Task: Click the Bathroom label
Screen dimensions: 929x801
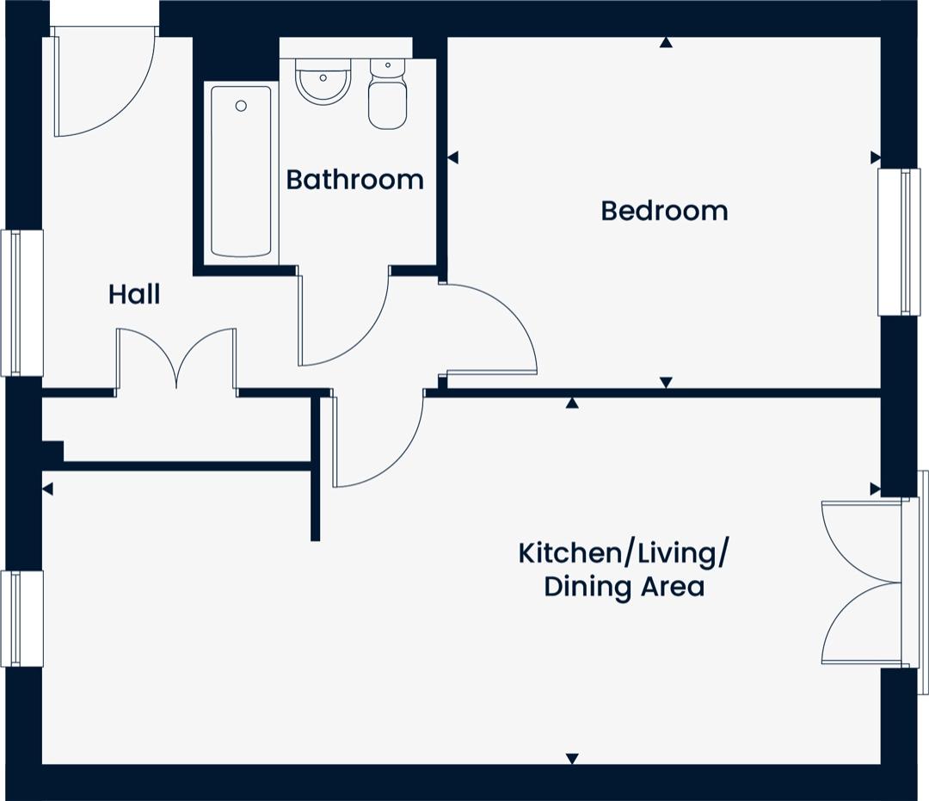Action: [355, 180]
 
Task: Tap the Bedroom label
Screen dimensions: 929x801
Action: [664, 211]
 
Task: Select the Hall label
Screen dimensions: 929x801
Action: [134, 294]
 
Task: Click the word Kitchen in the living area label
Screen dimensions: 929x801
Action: [569, 553]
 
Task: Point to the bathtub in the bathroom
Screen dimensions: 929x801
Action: [241, 172]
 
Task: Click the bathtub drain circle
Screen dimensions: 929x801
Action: [241, 106]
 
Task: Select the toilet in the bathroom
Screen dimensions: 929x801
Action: [387, 94]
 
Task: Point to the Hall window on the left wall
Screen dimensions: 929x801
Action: [22, 303]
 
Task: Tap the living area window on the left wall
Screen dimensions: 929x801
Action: [22, 619]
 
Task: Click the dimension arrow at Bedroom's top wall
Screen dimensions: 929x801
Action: [667, 42]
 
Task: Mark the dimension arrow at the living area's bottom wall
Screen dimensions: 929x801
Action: [572, 758]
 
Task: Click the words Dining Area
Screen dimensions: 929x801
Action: [624, 587]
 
